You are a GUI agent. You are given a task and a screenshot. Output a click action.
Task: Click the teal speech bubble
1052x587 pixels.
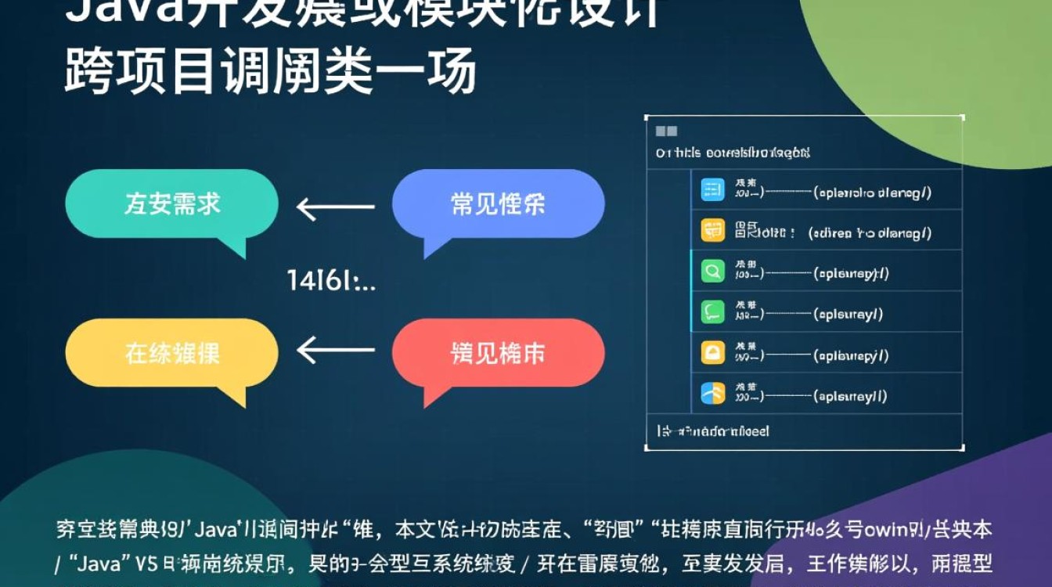click(x=171, y=205)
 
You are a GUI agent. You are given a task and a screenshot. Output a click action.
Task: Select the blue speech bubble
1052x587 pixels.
click(x=498, y=204)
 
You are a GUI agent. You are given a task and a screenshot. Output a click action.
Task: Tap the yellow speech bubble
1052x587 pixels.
click(x=171, y=354)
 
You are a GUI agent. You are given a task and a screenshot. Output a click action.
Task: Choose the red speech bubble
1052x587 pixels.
click(x=498, y=354)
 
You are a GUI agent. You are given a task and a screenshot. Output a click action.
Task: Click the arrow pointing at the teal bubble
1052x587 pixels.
click(x=336, y=208)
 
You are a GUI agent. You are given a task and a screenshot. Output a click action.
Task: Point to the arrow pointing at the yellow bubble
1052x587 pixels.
click(x=336, y=350)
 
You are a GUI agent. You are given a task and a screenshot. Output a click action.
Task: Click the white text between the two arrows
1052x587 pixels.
click(x=331, y=280)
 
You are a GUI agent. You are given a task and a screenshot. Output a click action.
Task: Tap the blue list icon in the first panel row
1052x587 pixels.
click(x=712, y=189)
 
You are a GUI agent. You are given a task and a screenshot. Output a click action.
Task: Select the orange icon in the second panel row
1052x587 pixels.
click(x=712, y=231)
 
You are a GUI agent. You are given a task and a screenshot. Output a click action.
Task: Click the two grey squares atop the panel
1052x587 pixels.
click(x=666, y=131)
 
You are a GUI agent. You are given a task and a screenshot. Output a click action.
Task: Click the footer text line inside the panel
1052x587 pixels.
click(x=712, y=431)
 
